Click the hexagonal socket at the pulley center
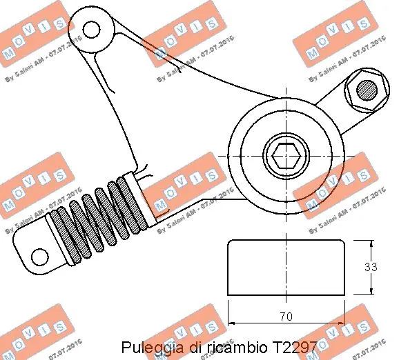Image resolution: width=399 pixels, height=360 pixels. tap(284, 157)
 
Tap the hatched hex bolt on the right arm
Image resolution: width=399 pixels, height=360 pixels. tap(366, 88)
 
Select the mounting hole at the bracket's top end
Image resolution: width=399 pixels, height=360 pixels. tap(90, 28)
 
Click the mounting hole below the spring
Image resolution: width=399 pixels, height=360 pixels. tap(40, 256)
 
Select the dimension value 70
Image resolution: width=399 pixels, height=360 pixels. tap(286, 317)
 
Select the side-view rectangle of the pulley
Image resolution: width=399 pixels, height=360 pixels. tap(286, 268)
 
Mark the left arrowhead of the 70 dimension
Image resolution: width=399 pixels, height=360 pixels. tap(231, 323)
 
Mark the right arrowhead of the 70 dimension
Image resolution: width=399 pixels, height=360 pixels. tap(342, 323)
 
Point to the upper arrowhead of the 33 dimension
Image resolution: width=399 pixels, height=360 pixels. tap(371, 243)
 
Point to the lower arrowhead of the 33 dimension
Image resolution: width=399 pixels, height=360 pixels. tap(371, 292)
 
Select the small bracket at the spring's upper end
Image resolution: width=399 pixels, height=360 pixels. tap(144, 176)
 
